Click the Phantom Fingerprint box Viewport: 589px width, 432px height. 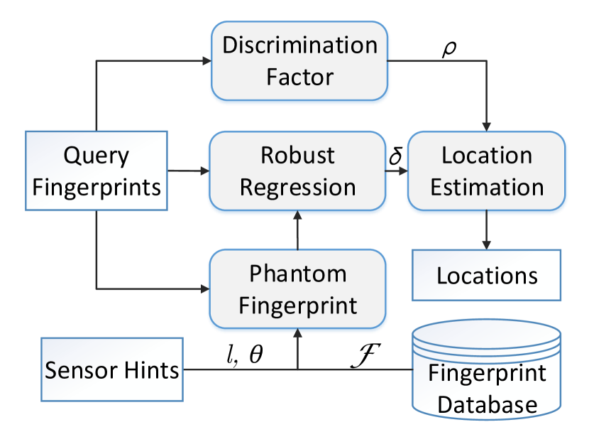tap(297, 289)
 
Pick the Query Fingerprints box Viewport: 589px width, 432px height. tap(97, 171)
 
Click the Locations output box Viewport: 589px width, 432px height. tap(486, 275)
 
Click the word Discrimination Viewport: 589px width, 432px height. tap(299, 45)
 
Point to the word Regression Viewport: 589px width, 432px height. tap(297, 187)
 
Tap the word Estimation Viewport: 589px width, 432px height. tap(487, 187)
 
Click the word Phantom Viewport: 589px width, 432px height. tap(297, 274)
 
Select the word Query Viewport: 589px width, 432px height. tap(97, 155)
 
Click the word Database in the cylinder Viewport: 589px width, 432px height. tap(487, 404)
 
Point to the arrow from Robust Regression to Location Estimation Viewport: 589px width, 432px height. tap(396, 171)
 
